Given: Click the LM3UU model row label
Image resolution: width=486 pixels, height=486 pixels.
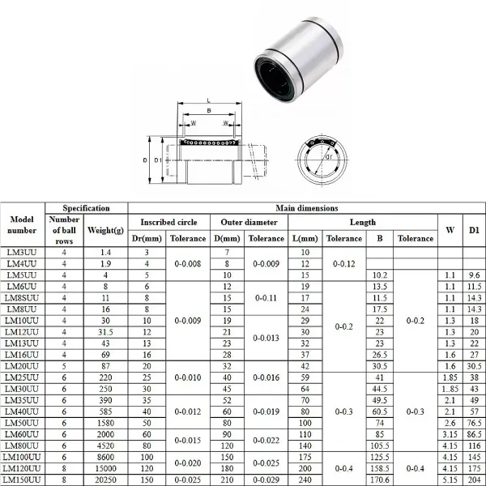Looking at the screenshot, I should pos(21,253).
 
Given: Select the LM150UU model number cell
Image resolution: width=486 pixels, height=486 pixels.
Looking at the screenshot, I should pos(23,479).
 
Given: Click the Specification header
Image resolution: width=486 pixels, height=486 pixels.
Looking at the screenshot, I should pos(86,208).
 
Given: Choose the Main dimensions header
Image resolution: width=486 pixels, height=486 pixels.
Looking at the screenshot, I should pos(307,208).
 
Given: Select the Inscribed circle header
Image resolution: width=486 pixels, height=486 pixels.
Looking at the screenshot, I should pos(168,221).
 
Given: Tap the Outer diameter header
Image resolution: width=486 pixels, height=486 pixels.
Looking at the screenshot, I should pos(249,221).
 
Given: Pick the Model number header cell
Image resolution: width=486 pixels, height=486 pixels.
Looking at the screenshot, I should pos(22,224).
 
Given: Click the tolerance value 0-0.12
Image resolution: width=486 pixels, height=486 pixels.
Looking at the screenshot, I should pos(343,264).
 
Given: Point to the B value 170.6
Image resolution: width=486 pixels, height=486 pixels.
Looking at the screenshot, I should pos(378,479).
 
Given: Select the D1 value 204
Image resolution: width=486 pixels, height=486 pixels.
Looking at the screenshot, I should pos(474,479).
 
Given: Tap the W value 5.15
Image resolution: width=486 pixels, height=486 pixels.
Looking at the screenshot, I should pos(450,479).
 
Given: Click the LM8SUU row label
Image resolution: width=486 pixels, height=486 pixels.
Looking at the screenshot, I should pos(21,298).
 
